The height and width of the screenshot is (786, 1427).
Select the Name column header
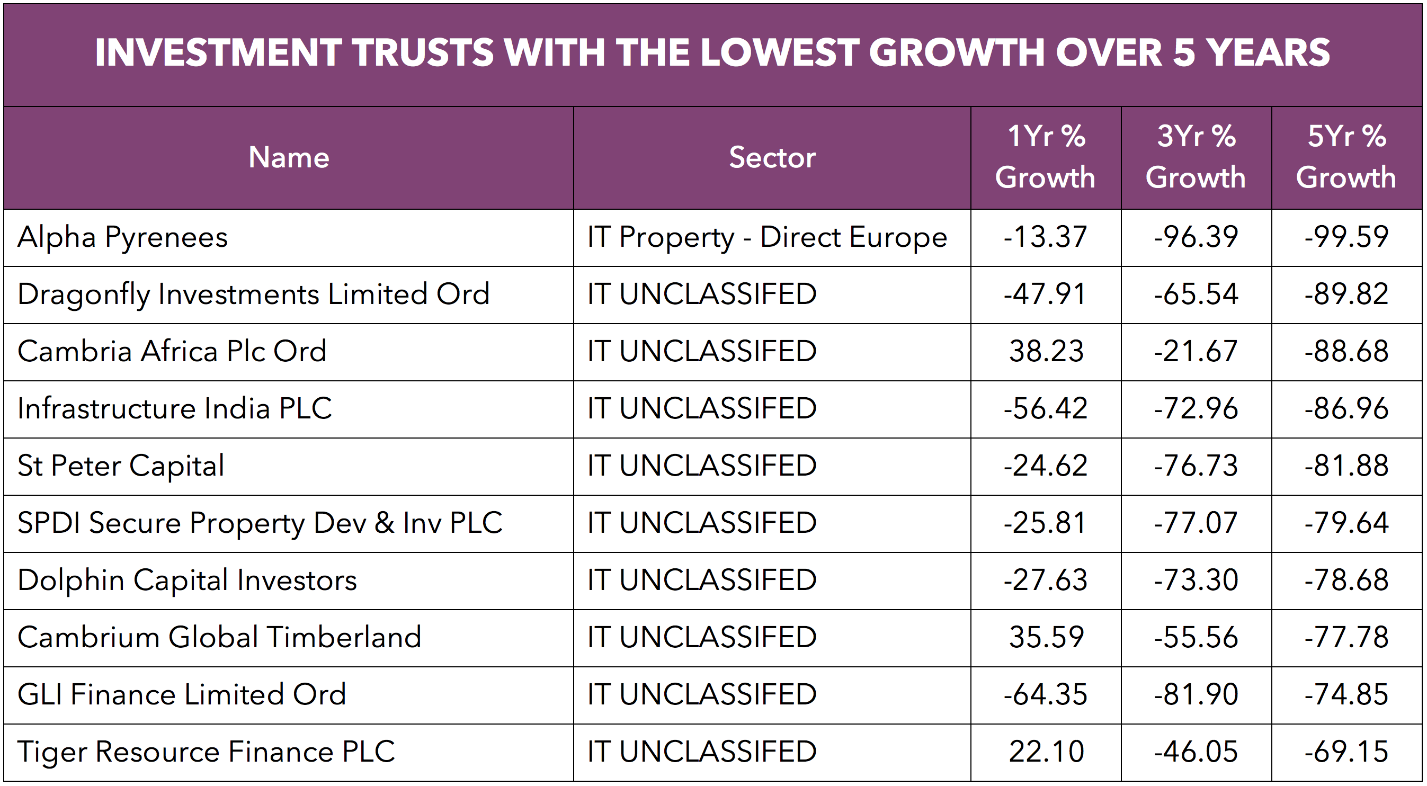coord(289,157)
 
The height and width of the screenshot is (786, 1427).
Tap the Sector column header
coord(772,157)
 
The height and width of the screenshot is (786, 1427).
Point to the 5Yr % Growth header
coord(1346,157)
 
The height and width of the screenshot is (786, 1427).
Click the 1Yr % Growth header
coord(1045,157)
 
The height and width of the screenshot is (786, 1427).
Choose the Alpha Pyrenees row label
coord(122,238)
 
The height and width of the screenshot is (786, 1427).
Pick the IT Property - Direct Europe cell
coord(767,238)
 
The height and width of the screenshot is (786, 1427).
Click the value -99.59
coord(1346,237)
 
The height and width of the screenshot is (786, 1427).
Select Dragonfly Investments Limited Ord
coord(253,294)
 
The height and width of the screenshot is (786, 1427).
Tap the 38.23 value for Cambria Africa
coord(1046,351)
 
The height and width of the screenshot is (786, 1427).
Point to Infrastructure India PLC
coord(174,409)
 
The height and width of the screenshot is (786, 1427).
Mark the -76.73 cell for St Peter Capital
coord(1196,466)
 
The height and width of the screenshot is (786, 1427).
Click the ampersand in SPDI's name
coord(384,523)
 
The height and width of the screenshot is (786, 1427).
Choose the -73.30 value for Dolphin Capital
coord(1196,580)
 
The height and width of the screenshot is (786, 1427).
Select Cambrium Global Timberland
coord(219,637)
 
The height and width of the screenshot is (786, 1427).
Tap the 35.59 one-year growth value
coord(1046,637)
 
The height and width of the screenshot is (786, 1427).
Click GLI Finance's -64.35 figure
coord(1045,694)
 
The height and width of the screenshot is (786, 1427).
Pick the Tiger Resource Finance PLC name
coord(206,752)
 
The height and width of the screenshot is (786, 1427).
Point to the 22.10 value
coord(1046,752)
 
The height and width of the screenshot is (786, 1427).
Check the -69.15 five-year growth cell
coord(1346,752)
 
